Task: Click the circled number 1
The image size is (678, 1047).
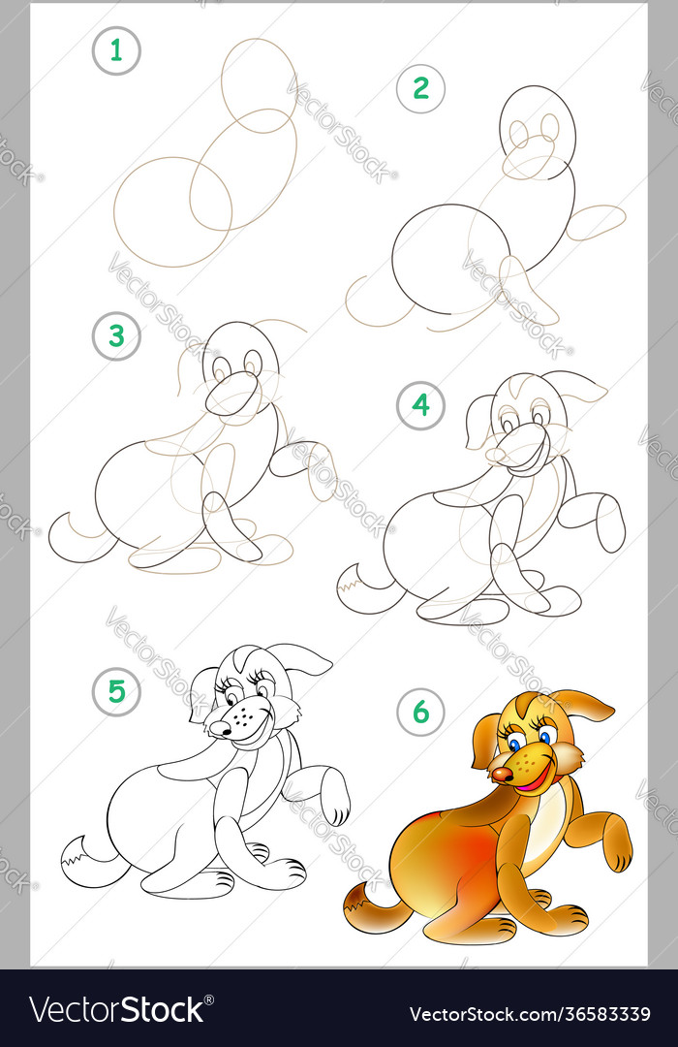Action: [116, 51]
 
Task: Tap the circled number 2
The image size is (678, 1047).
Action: [420, 88]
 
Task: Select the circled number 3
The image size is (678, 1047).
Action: [116, 336]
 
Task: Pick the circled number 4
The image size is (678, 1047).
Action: [420, 405]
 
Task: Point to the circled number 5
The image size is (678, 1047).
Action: [116, 691]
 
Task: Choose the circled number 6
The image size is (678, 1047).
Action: [420, 713]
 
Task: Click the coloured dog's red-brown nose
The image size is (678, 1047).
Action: [501, 776]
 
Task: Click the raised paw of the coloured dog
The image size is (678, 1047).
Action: [616, 850]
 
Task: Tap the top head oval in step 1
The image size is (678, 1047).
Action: [259, 84]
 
